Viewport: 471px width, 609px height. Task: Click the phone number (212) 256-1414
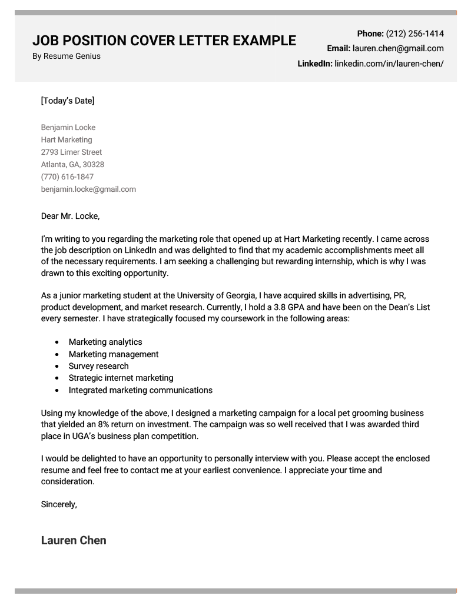414,34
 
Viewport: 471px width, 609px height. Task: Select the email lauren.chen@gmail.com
398,49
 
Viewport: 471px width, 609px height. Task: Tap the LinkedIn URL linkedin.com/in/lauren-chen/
389,64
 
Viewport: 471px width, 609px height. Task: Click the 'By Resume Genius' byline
66,56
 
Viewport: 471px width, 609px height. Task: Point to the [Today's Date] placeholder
68,101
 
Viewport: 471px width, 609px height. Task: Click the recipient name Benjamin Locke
68,128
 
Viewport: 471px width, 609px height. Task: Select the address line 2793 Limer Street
71,152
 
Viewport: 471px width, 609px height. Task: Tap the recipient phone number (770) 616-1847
67,177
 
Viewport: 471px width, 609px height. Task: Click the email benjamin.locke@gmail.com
88,189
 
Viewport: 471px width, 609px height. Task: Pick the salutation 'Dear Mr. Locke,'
71,216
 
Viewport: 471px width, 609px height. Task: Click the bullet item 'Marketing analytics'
105,342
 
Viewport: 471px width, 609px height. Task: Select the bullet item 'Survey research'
98,366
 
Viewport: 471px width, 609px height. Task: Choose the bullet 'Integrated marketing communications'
140,390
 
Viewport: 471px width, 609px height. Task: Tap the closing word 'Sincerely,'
59,504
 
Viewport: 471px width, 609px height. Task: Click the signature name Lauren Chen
74,540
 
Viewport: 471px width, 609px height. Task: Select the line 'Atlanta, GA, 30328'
72,165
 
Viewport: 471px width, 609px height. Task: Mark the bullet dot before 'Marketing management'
57,354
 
